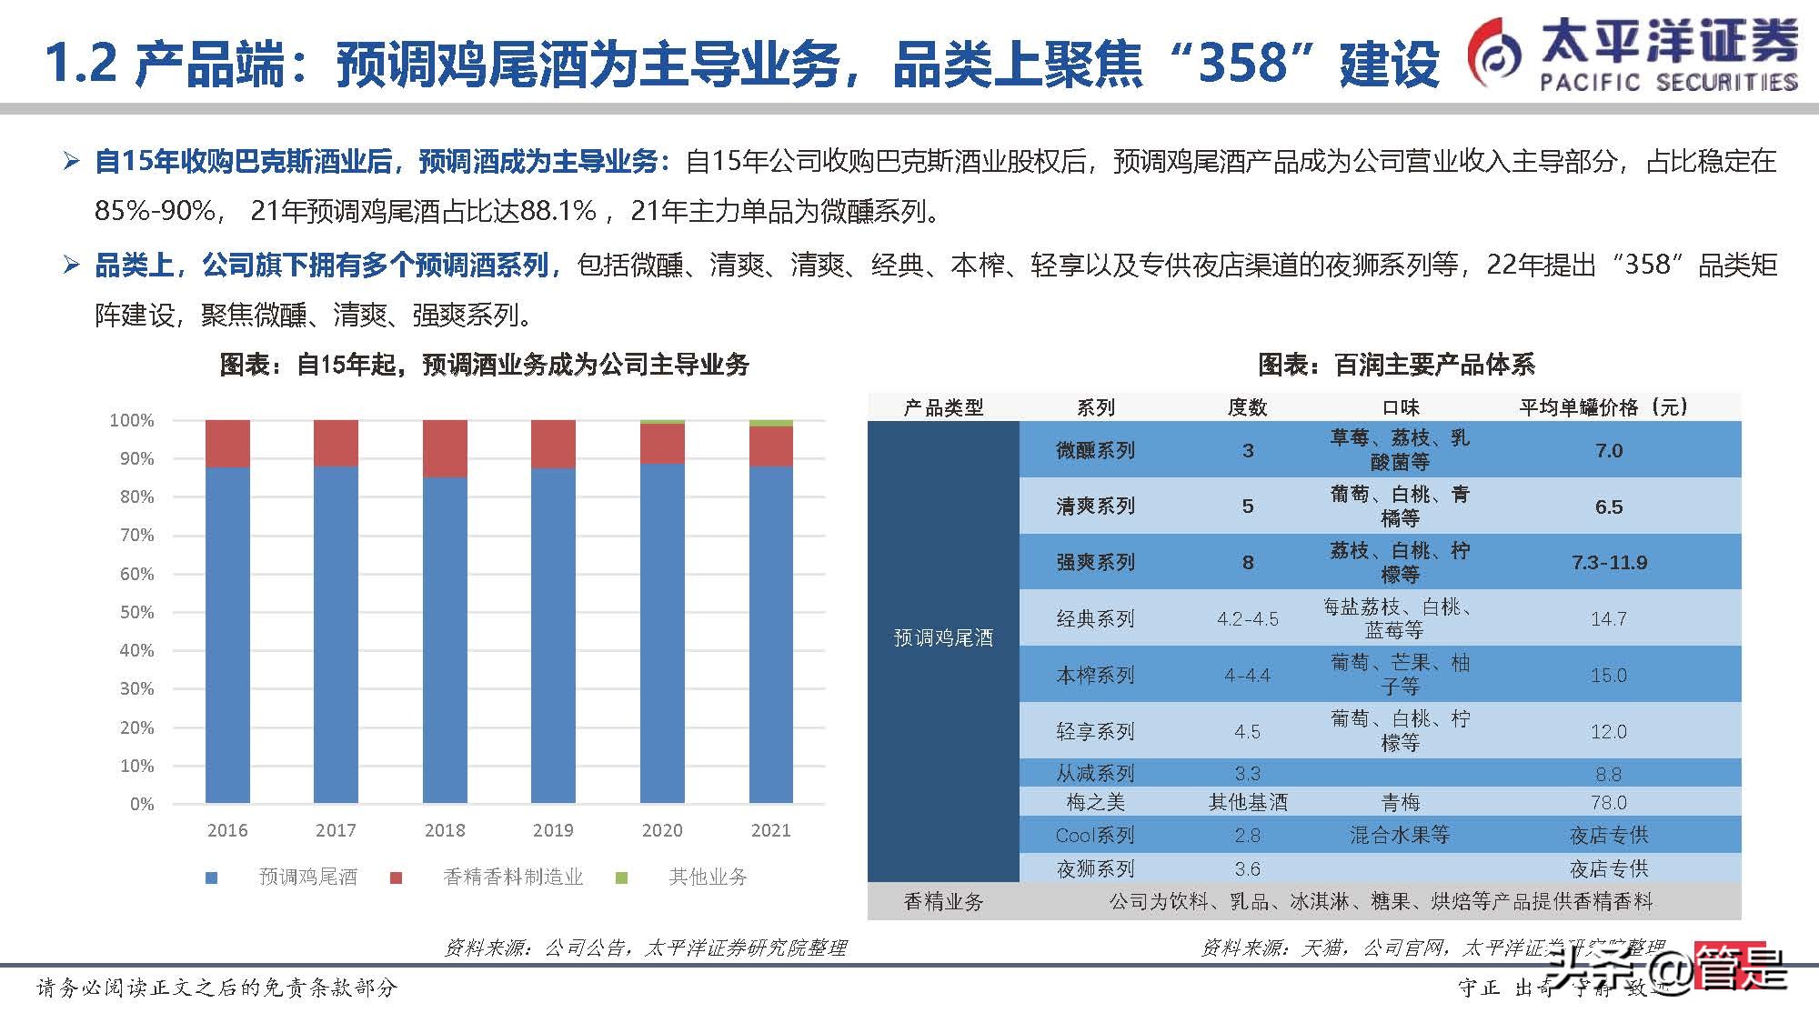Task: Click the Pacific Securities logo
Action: (x=1633, y=55)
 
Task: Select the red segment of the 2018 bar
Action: (x=445, y=449)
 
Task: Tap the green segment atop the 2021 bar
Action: (x=770, y=423)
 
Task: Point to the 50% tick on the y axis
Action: (x=137, y=612)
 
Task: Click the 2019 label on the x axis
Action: (x=553, y=830)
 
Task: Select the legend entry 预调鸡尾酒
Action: (x=307, y=877)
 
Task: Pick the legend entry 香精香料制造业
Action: (x=512, y=877)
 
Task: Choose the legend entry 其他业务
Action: (x=708, y=877)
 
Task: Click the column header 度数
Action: (x=1247, y=407)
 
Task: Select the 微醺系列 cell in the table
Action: (x=1095, y=450)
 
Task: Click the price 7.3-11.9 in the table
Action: (x=1609, y=563)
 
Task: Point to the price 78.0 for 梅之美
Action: (x=1609, y=802)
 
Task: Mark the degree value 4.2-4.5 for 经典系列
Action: (x=1247, y=619)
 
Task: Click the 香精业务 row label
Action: (x=943, y=901)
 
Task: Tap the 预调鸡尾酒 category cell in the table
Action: (x=943, y=638)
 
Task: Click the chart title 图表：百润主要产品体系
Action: (x=1396, y=366)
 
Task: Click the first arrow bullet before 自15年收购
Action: (x=72, y=163)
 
